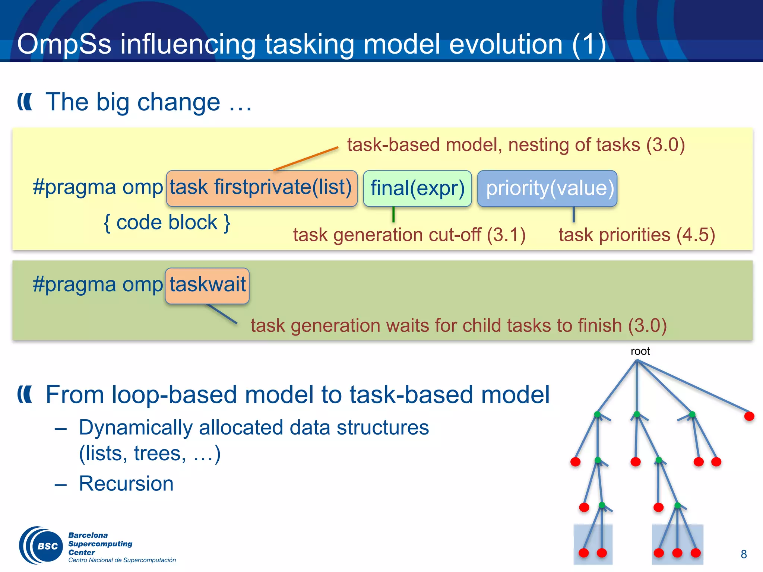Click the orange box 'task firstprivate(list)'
(262, 188)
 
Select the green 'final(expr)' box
(417, 188)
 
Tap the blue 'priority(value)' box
(547, 188)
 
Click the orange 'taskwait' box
(207, 285)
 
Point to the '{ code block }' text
(167, 223)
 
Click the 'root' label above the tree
(640, 351)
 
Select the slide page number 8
(744, 554)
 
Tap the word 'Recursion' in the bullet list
(126, 484)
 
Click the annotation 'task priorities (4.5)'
(636, 235)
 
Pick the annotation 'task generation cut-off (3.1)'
(409, 235)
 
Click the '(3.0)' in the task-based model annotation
(665, 145)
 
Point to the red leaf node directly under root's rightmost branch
(749, 416)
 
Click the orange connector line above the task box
(305, 159)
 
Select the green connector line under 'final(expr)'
(393, 214)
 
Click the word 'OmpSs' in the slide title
(64, 44)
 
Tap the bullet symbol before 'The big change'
(25, 102)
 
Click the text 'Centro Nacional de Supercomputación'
(122, 560)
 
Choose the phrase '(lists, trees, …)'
(150, 454)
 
